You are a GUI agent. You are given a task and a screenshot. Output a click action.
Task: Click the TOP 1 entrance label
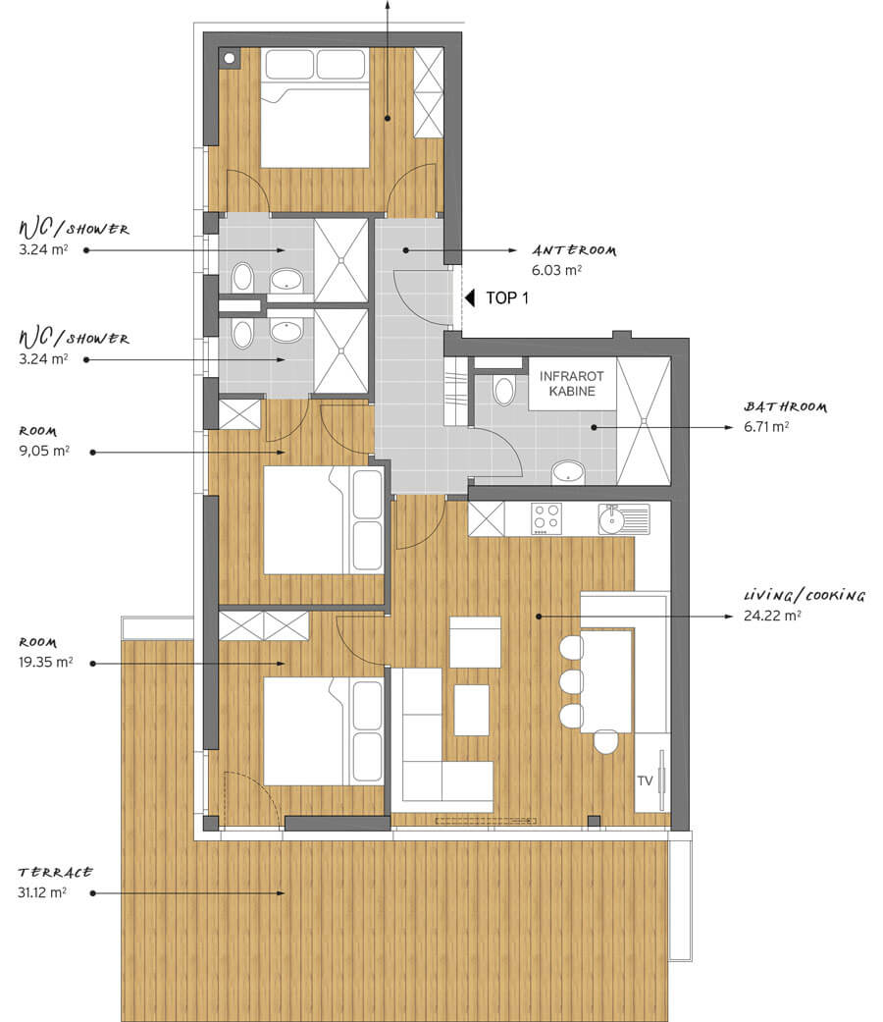point(507,297)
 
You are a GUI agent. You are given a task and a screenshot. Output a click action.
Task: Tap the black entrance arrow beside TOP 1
point(470,297)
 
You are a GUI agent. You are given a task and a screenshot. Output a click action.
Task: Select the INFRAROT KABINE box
point(572,383)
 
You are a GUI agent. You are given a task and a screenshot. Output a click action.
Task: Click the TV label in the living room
point(645,780)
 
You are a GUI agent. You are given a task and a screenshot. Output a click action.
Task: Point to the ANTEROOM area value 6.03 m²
point(556,271)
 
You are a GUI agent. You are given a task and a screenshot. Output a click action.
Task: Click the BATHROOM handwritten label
point(785,406)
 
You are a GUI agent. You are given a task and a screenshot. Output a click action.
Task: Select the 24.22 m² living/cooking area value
point(772,616)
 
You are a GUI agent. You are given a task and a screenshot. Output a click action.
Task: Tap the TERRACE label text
point(55,872)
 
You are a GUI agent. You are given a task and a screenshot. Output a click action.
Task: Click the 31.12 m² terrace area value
point(41,892)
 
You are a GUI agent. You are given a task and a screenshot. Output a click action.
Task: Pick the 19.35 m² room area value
point(45,663)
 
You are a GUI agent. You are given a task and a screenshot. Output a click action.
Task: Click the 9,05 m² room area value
point(44,451)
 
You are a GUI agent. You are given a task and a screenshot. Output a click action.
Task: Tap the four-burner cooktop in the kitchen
point(546,518)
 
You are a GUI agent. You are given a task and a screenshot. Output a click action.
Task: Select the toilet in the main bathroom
point(504,389)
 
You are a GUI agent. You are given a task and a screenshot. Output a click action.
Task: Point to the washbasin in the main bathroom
point(568,472)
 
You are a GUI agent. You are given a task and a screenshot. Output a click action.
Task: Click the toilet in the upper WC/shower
point(242,277)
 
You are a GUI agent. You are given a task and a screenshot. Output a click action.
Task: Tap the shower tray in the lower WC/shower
point(341,351)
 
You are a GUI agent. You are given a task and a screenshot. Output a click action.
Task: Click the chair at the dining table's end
point(605,742)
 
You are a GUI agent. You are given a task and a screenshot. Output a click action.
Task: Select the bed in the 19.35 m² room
point(324,731)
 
